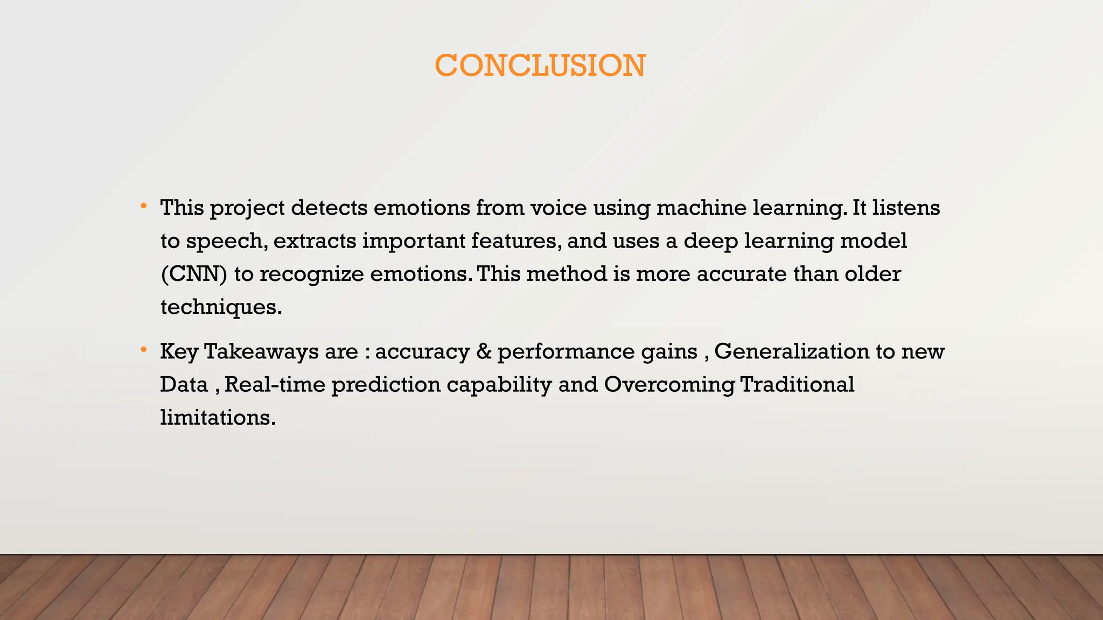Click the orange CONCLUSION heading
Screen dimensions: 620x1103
click(x=540, y=66)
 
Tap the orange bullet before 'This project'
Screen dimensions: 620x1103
click(x=143, y=206)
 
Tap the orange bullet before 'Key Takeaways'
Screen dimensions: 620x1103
click(x=143, y=350)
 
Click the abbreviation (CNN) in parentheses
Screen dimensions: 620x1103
click(x=194, y=274)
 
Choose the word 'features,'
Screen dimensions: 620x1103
click(x=516, y=241)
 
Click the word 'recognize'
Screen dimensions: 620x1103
click(x=312, y=274)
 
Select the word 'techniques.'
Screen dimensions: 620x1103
click(x=221, y=308)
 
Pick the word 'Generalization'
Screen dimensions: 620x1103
click(x=791, y=351)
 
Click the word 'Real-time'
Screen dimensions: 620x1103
click(x=275, y=385)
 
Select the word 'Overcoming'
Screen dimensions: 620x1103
click(x=669, y=385)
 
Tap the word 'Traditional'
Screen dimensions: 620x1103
click(x=797, y=385)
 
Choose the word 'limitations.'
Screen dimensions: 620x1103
click(x=218, y=418)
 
